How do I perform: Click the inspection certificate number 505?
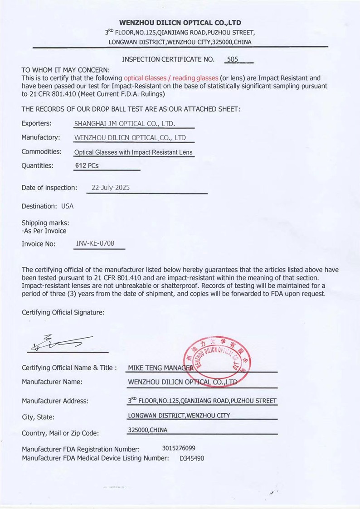[x=232, y=59]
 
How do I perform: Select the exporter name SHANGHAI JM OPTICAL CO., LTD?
[x=125, y=124]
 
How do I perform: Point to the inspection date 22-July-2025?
[x=111, y=187]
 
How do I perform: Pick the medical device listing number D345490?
[x=192, y=458]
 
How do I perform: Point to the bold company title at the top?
[x=180, y=23]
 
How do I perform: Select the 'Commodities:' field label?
[x=42, y=151]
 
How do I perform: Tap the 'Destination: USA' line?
[x=48, y=206]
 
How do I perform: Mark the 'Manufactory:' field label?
[x=41, y=137]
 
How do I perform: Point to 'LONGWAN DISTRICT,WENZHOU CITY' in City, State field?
[x=179, y=415]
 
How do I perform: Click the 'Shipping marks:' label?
[x=45, y=223]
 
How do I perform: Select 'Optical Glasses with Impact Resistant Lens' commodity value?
[x=133, y=152]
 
